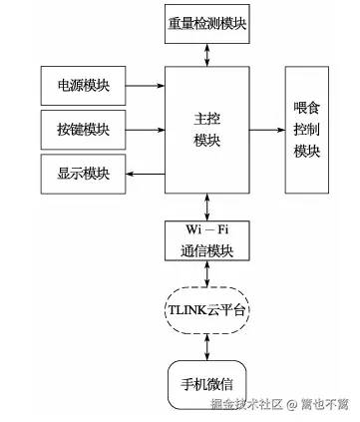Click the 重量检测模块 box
pos(207,23)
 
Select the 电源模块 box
pos(84,87)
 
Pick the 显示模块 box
pos(84,175)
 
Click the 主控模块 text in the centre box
pos(206,130)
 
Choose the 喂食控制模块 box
pos(307,130)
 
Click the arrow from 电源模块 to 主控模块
pos(146,87)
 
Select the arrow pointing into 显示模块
pos(146,175)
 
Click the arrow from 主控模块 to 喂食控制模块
pos(266,130)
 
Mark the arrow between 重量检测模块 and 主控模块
pos(206,54)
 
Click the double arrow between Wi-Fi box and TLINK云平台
pos(206,273)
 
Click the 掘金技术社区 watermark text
pos(244,404)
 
